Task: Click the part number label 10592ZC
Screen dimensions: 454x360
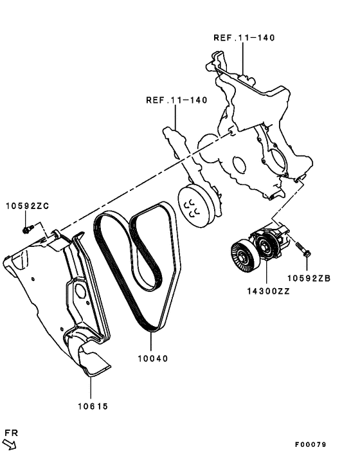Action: [x=27, y=206]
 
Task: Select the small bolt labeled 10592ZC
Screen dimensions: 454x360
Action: [x=26, y=228]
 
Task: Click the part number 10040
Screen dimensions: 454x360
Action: [x=152, y=358]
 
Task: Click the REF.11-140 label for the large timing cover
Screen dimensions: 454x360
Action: [x=244, y=38]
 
